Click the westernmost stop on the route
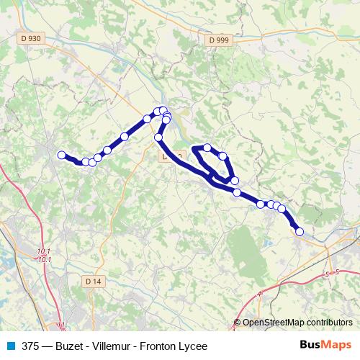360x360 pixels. point(62,154)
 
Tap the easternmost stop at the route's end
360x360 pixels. point(300,231)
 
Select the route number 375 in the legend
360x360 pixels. point(30,346)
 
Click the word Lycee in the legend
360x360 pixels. point(194,346)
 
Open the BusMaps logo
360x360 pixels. point(326,346)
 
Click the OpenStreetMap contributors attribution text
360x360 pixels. point(297,323)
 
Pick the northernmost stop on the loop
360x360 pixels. point(207,148)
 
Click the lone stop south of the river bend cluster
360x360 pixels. point(158,137)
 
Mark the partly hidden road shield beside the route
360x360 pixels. point(171,156)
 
